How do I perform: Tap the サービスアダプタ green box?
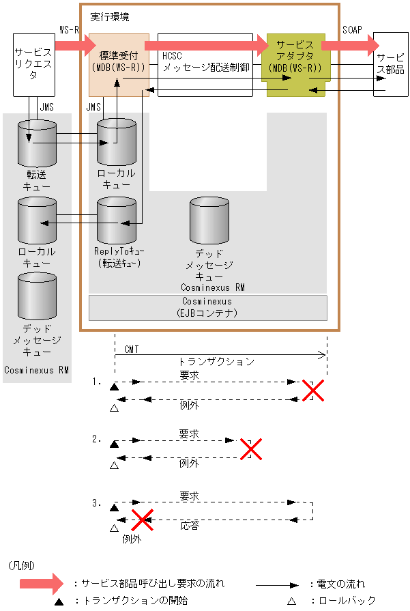(x=295, y=58)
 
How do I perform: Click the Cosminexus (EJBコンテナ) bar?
(x=208, y=307)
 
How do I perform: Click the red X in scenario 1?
(x=312, y=390)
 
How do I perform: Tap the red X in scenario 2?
(x=250, y=449)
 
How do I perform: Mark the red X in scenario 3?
(x=141, y=520)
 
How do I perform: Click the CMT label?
(x=132, y=349)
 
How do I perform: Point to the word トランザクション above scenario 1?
(x=216, y=362)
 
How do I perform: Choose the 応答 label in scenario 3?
(x=190, y=526)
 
